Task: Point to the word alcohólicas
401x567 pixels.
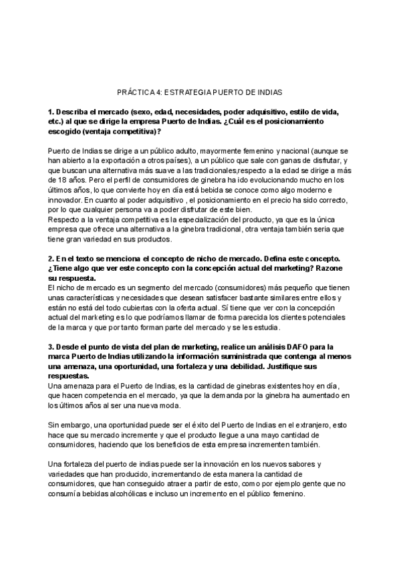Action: [119, 494]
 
